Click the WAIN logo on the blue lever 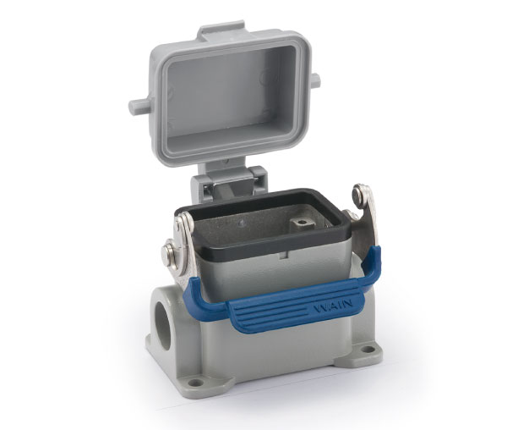(x=333, y=306)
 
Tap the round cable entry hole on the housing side (x=163, y=323)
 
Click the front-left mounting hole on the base (x=195, y=383)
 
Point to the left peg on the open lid (x=139, y=106)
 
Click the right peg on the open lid (x=315, y=80)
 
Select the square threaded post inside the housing (x=303, y=224)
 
